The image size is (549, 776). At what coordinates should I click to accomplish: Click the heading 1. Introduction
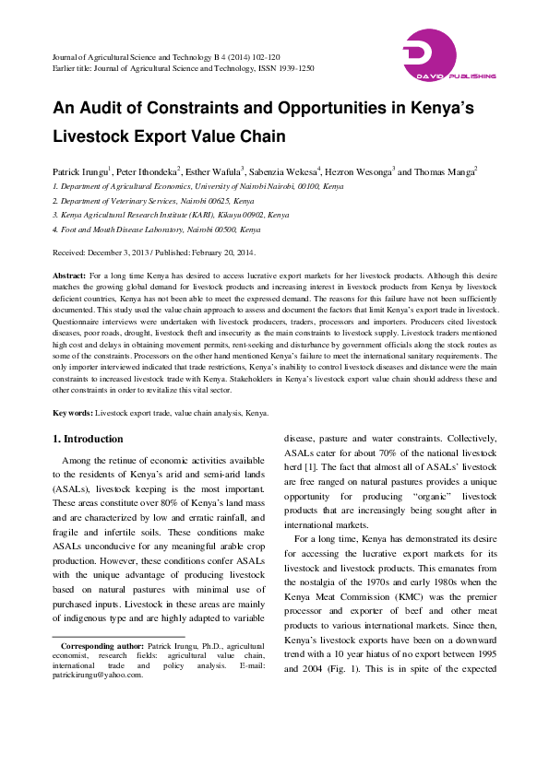coord(88,439)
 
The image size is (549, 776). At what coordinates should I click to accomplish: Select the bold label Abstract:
coord(69,276)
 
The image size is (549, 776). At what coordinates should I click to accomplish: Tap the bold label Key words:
coord(73,413)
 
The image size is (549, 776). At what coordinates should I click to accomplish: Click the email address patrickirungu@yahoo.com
coord(97,675)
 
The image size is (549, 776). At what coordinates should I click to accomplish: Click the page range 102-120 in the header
coord(261,56)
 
